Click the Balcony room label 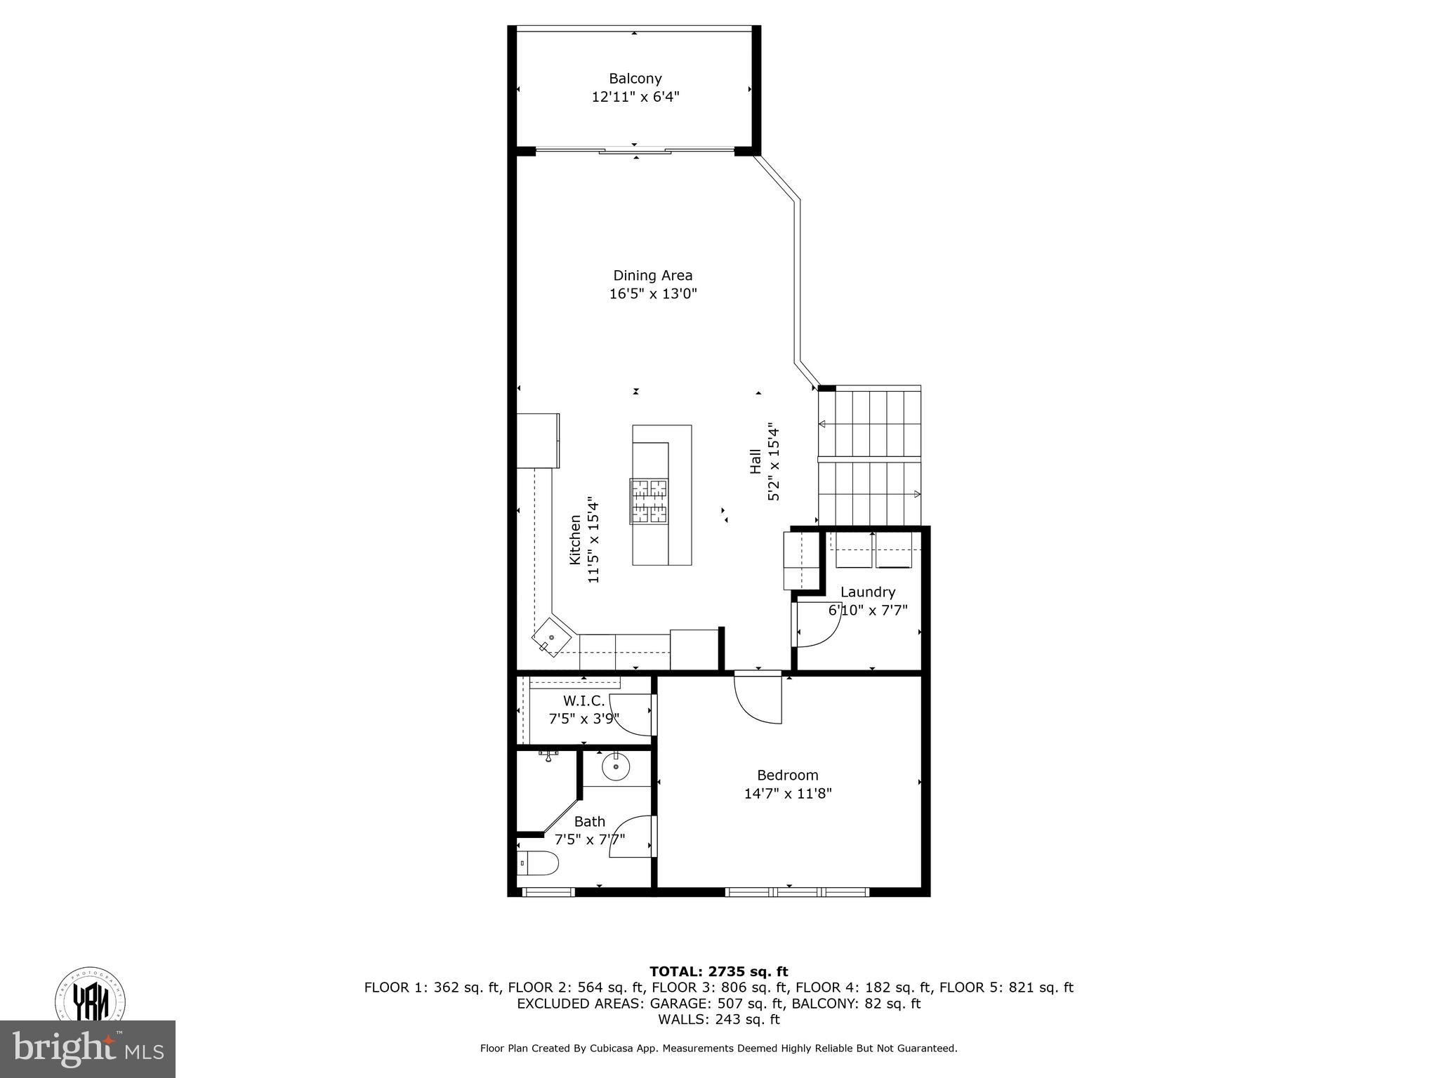coord(635,79)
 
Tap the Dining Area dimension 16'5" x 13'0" coord(652,294)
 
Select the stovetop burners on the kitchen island coord(649,501)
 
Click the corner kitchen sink coord(551,637)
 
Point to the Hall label coord(756,461)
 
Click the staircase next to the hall coord(869,456)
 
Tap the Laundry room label coord(867,592)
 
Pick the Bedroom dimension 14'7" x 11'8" coord(787,794)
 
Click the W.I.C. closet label coord(583,700)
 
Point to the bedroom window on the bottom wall coord(797,892)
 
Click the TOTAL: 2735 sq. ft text coord(718,971)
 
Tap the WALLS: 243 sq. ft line coord(718,1019)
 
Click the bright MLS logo coord(88,1049)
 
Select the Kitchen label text coord(575,539)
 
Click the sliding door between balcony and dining coord(635,150)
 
